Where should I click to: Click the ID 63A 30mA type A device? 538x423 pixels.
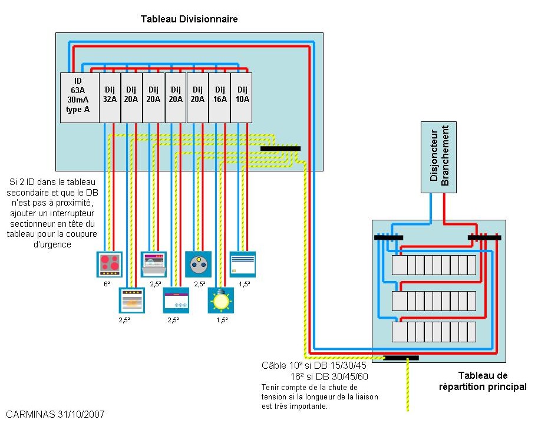coord(79,97)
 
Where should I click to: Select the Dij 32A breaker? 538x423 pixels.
coord(110,97)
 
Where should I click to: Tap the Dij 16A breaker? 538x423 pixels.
coord(219,97)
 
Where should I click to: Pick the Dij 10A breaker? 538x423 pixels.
coord(241,97)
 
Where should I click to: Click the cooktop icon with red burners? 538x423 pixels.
coord(109,264)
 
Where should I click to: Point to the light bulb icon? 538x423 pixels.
coord(220,300)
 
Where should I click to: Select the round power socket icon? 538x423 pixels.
coord(198,264)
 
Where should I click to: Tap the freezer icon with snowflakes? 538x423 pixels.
coord(176,300)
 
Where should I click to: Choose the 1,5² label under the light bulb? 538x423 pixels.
coord(222,320)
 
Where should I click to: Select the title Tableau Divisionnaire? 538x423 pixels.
coord(189,19)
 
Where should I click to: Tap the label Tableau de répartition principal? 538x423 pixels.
coord(482,381)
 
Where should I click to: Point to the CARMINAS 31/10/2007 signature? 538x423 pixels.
coord(56,414)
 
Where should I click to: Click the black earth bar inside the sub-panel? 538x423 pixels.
coord(280,148)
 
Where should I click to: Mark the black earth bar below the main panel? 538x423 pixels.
coord(401,358)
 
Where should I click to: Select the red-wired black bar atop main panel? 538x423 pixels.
coord(484,237)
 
